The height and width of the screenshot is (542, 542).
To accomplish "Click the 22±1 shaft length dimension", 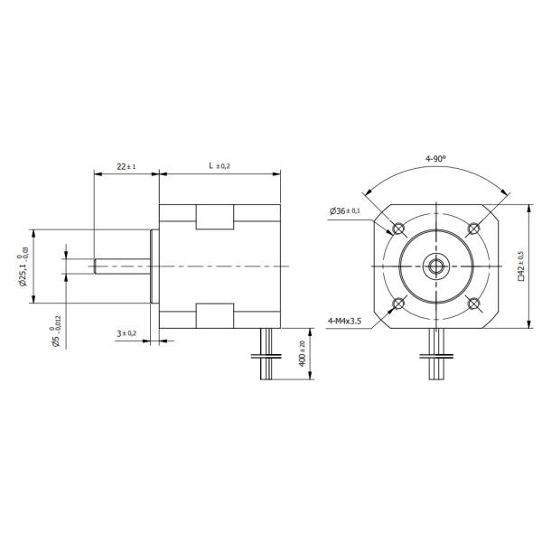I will tap(126, 166).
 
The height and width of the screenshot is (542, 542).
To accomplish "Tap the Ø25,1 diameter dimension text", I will tap(24, 266).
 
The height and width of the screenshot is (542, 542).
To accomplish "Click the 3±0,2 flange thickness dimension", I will tap(126, 333).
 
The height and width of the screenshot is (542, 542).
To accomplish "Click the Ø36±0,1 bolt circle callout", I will tap(345, 211).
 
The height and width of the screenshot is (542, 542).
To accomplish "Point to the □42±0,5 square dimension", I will tap(520, 266).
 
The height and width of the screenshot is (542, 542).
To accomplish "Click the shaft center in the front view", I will tap(435, 266).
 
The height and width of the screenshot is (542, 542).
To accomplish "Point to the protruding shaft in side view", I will tap(122, 266).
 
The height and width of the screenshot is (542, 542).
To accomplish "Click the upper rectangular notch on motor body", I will tap(217, 218).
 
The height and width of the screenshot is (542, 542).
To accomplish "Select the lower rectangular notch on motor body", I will tap(217, 315).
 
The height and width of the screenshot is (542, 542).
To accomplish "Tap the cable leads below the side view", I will tap(266, 357).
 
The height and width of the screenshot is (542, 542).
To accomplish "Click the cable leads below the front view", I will tap(435, 357).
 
